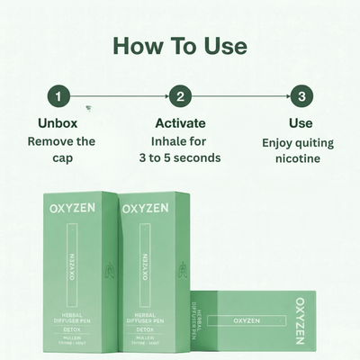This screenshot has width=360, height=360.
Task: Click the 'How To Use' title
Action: (x=180, y=45)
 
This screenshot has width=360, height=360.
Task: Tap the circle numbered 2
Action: (x=180, y=96)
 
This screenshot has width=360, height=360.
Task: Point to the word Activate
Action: (x=180, y=122)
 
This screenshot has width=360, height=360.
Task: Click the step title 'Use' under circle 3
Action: (x=301, y=122)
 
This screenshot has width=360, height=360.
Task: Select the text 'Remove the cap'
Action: (x=62, y=149)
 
